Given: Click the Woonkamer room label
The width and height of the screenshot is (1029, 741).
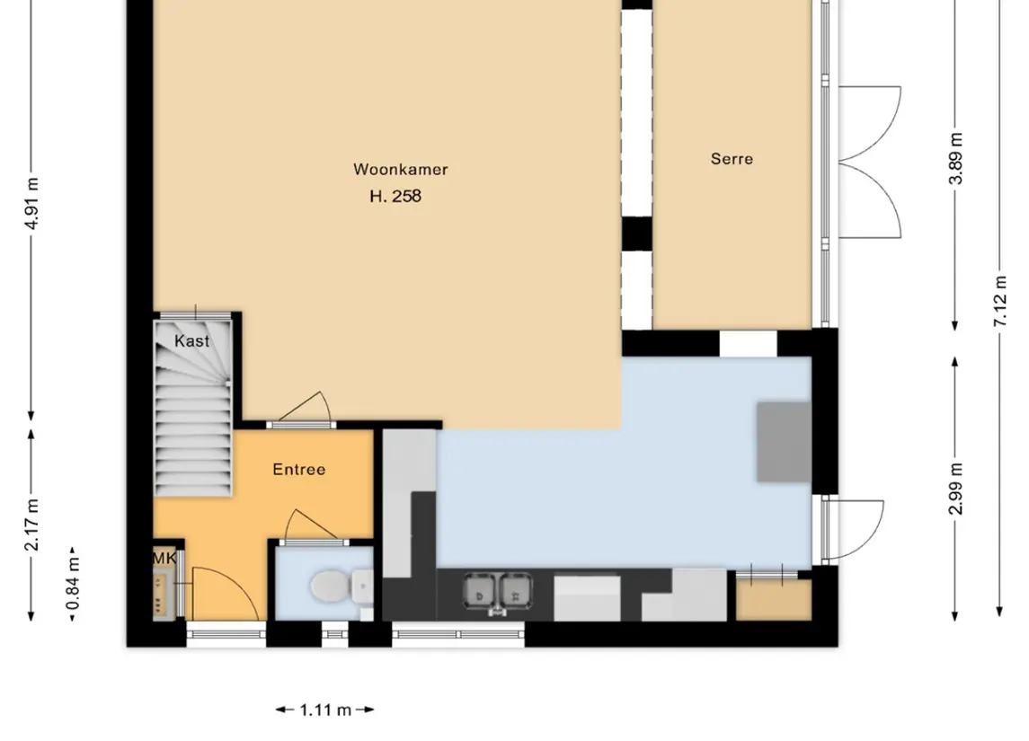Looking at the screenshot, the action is click(400, 169).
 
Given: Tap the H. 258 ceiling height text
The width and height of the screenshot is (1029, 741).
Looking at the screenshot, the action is click(395, 196).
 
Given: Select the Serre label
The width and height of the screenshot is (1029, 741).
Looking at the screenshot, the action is click(732, 159).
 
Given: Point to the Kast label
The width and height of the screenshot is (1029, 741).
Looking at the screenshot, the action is click(191, 341).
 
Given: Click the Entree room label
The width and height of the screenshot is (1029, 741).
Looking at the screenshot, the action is click(299, 470).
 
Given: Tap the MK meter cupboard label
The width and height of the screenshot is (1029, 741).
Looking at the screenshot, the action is click(164, 558).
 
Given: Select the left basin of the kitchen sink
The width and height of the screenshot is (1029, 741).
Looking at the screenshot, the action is click(481, 589).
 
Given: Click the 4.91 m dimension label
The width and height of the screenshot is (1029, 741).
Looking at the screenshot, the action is click(31, 203).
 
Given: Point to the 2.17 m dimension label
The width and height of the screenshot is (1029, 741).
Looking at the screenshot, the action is click(31, 525).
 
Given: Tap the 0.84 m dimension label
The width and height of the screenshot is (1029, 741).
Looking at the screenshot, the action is click(73, 583).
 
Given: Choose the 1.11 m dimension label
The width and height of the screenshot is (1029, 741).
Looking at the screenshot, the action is click(325, 710).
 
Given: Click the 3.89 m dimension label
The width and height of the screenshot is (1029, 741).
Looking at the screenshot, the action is click(956, 159).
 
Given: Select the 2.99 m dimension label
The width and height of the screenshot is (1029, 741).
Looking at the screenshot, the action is click(956, 489).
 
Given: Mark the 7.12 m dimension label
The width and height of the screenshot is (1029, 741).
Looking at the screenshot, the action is click(1000, 301).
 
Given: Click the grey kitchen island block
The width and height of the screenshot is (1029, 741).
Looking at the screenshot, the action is click(785, 442).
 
